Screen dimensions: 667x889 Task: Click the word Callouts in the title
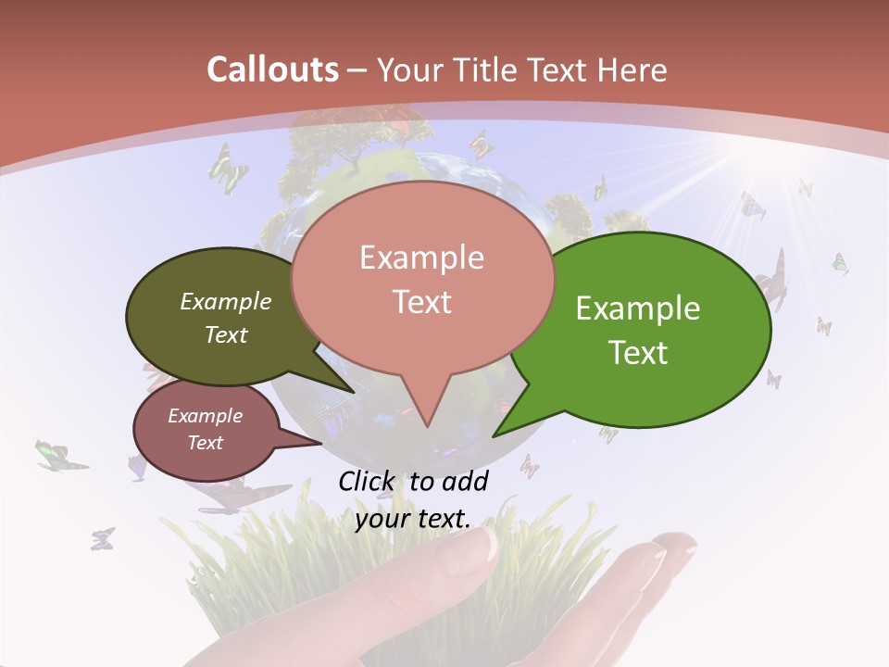click(272, 69)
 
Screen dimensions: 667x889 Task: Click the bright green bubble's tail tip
click(494, 435)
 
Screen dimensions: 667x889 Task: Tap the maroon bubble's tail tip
click(320, 443)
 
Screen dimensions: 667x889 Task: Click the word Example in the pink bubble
click(421, 258)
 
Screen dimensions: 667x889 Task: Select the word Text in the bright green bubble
click(639, 352)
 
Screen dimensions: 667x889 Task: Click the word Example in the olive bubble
click(226, 301)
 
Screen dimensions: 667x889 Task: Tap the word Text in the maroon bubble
click(206, 443)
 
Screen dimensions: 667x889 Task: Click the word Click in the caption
click(369, 481)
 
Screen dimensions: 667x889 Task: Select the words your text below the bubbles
click(412, 519)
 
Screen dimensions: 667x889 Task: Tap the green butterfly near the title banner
click(228, 167)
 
